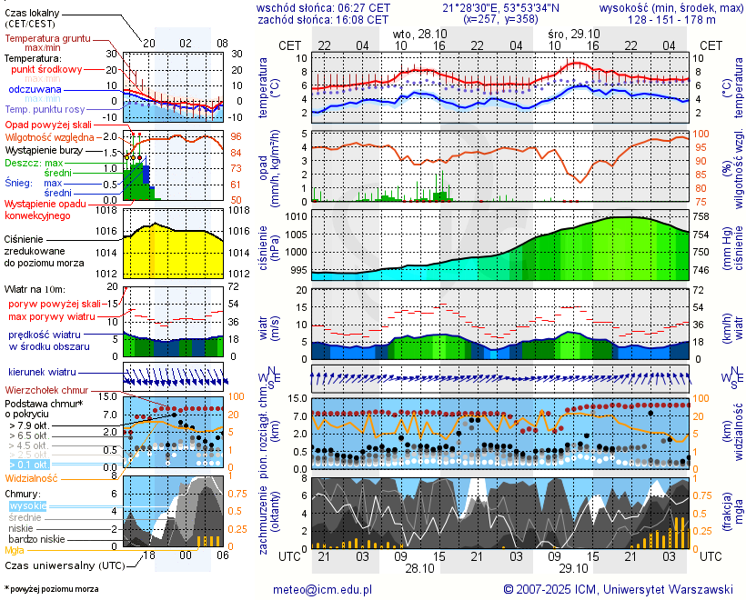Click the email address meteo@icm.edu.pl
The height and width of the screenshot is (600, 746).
(324, 589)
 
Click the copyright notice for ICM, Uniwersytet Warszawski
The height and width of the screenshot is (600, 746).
(618, 589)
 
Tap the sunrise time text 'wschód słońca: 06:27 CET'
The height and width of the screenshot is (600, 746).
(324, 7)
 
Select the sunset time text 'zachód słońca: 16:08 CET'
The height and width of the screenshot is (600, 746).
(324, 18)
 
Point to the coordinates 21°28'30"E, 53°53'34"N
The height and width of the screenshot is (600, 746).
(502, 7)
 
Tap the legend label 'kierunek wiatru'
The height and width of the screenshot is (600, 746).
(43, 373)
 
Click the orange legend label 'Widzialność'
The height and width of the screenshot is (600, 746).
(32, 477)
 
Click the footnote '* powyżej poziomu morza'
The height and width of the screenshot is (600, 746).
(52, 589)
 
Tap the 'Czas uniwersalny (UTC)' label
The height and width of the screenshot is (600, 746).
(61, 565)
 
